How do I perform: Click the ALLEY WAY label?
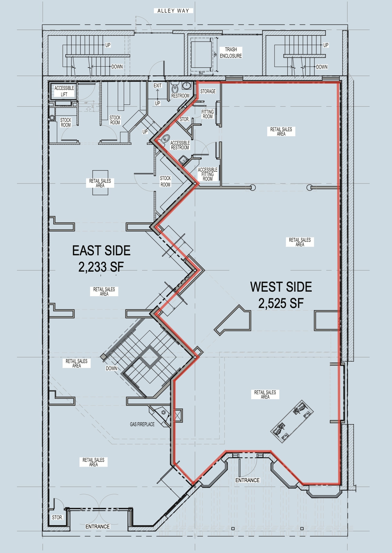pyautogui.click(x=173, y=11)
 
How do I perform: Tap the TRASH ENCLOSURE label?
pyautogui.click(x=231, y=52)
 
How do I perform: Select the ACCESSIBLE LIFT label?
pyautogui.click(x=64, y=91)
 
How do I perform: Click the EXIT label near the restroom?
pyautogui.click(x=158, y=86)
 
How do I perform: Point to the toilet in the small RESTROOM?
pyautogui.click(x=175, y=89)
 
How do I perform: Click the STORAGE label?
pyautogui.click(x=208, y=91)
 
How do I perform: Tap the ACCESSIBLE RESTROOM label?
pyautogui.click(x=180, y=145)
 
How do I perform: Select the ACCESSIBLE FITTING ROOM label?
pyautogui.click(x=208, y=174)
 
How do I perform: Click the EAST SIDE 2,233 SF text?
pyautogui.click(x=101, y=259)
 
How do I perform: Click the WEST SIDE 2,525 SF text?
pyautogui.click(x=281, y=295)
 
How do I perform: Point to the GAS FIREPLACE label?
pyautogui.click(x=142, y=424)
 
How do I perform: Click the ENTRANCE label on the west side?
pyautogui.click(x=247, y=480)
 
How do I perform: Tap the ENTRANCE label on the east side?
pyautogui.click(x=98, y=527)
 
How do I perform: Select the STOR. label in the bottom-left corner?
pyautogui.click(x=57, y=518)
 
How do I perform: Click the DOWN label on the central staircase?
pyautogui.click(x=111, y=368)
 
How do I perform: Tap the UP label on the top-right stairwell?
pyautogui.click(x=326, y=45)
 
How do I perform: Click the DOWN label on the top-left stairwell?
pyautogui.click(x=117, y=67)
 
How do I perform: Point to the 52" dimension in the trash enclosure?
pyautogui.click(x=202, y=73)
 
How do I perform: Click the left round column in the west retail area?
pyautogui.click(x=253, y=187)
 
